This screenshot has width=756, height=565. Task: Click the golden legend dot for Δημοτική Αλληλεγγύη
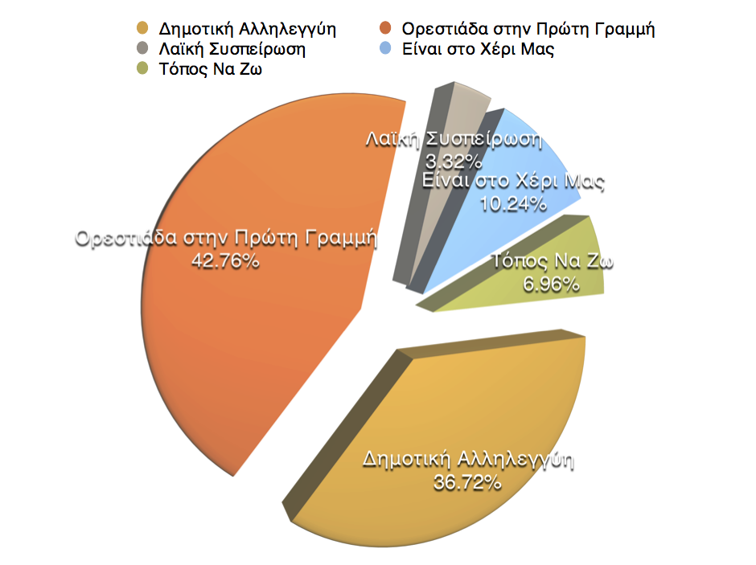click(143, 30)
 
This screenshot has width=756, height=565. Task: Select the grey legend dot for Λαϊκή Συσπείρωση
click(143, 49)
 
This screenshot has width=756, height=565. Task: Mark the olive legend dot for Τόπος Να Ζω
click(143, 69)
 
